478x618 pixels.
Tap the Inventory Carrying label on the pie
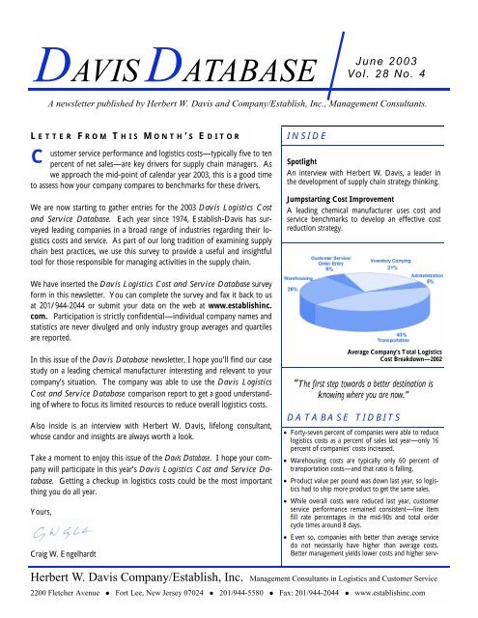click(x=404, y=261)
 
